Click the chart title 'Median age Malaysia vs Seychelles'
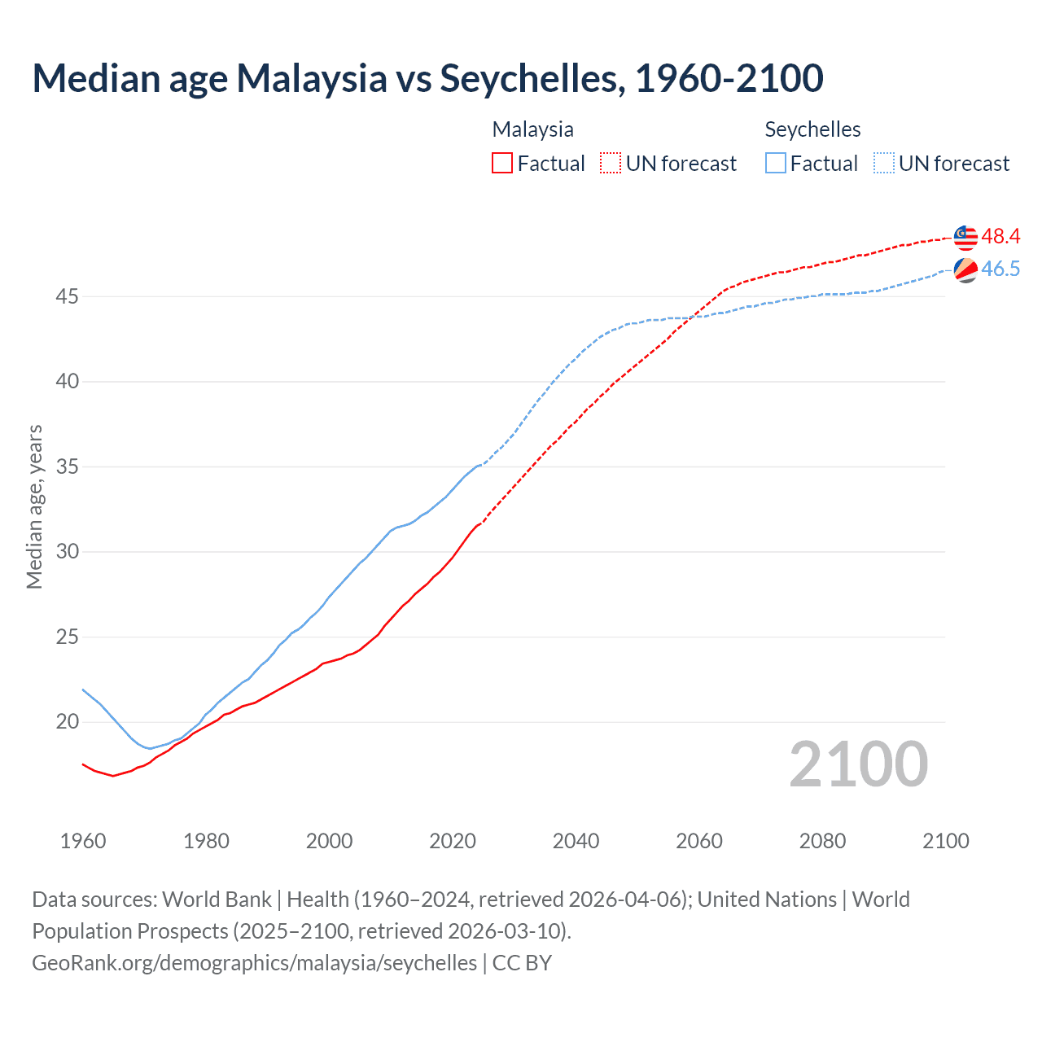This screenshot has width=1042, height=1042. (427, 78)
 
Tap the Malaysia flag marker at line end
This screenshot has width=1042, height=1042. (965, 237)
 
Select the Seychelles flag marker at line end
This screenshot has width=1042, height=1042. (965, 269)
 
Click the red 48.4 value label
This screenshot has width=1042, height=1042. (1000, 237)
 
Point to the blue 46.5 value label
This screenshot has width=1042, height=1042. (1000, 269)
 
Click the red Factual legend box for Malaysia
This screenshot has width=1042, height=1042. (502, 164)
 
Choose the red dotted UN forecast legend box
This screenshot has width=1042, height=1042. (611, 164)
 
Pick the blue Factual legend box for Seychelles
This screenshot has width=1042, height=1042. (776, 164)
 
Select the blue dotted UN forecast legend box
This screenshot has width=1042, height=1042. (884, 164)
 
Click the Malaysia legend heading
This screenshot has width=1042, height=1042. (532, 129)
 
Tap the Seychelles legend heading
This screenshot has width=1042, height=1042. (812, 129)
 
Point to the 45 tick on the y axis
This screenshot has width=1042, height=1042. (67, 297)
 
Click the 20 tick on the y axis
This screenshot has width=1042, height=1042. (67, 722)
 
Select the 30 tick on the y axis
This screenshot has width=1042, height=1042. (67, 552)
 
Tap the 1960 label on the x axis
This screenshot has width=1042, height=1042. (83, 841)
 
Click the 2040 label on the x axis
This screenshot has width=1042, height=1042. (576, 841)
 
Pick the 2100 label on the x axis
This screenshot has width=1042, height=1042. (945, 841)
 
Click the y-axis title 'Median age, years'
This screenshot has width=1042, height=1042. (34, 506)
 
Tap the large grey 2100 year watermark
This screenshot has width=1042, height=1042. (858, 764)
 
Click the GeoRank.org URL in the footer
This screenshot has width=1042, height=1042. (254, 963)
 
